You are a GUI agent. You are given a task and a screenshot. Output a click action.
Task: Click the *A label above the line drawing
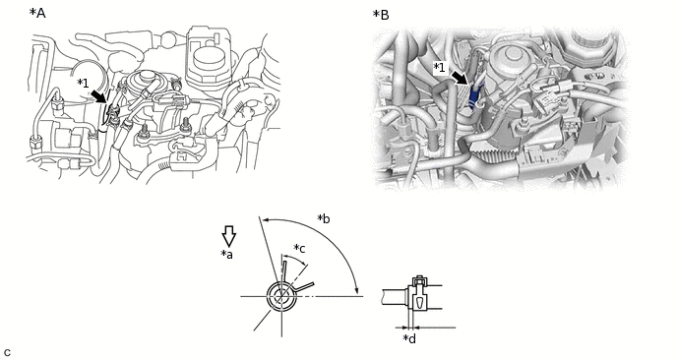point(37,14)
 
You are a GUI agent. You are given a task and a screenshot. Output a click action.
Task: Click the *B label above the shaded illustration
point(381,15)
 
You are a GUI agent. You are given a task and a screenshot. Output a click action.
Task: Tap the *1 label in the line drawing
point(83,83)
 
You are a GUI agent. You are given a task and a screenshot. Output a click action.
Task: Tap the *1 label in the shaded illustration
point(439,67)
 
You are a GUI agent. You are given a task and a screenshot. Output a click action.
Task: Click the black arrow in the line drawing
point(99,96)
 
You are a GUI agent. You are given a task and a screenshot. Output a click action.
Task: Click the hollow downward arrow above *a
point(229,236)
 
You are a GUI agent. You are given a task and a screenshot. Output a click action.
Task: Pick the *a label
point(226,255)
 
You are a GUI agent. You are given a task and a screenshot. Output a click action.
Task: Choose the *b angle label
point(324,218)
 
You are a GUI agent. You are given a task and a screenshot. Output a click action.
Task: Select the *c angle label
point(300,248)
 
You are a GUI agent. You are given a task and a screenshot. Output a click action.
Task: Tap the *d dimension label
point(409,338)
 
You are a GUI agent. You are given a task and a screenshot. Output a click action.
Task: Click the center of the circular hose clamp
point(281,296)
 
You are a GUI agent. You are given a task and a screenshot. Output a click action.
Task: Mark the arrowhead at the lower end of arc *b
point(357,291)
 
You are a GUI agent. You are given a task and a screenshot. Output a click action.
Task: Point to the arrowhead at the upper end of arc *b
point(266,220)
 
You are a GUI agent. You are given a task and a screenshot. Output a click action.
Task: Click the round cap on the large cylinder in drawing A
point(209,56)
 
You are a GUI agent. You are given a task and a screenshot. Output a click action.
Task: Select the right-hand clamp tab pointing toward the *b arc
point(303,286)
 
